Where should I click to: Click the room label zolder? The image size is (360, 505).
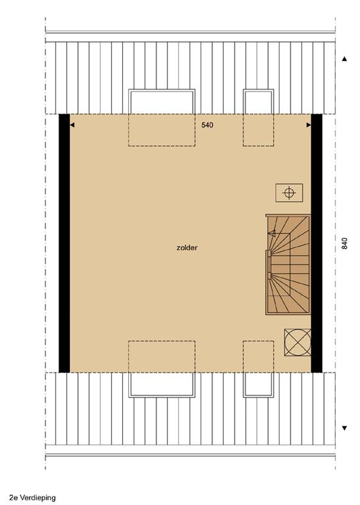click(x=187, y=248)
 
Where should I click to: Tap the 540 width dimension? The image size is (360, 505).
click(x=207, y=125)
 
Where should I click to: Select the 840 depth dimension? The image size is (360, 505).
click(x=344, y=243)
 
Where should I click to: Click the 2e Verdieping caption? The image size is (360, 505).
click(x=32, y=498)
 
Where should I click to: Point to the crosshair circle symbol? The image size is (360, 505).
click(x=289, y=193)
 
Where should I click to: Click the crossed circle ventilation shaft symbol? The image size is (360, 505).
click(x=297, y=343)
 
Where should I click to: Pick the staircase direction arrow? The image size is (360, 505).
click(x=272, y=233)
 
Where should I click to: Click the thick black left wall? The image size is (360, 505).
click(x=64, y=243)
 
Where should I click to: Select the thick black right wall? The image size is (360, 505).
click(x=317, y=243)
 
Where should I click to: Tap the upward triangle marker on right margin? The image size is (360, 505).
click(x=344, y=59)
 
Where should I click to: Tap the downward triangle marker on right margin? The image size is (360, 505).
click(x=344, y=428)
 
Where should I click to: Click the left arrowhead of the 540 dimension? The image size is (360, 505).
click(x=72, y=125)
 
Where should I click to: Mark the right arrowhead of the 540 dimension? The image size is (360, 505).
click(x=309, y=125)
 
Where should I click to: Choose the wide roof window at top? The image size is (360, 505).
click(x=162, y=101)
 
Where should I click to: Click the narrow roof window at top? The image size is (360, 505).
click(x=259, y=101)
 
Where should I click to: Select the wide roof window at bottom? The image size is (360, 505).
click(x=162, y=385)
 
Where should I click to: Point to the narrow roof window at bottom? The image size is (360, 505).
click(x=259, y=385)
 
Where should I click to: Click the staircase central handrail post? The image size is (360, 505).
click(x=269, y=264)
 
